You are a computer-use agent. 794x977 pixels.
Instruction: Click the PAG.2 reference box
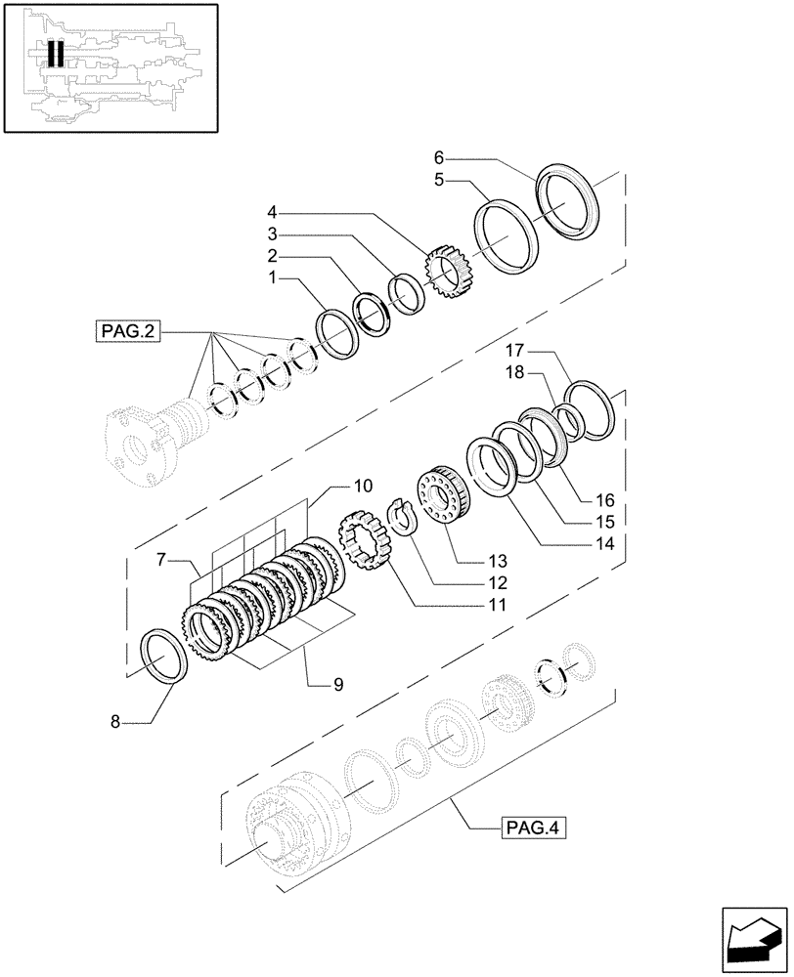(128, 331)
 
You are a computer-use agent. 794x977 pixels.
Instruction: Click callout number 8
(115, 722)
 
